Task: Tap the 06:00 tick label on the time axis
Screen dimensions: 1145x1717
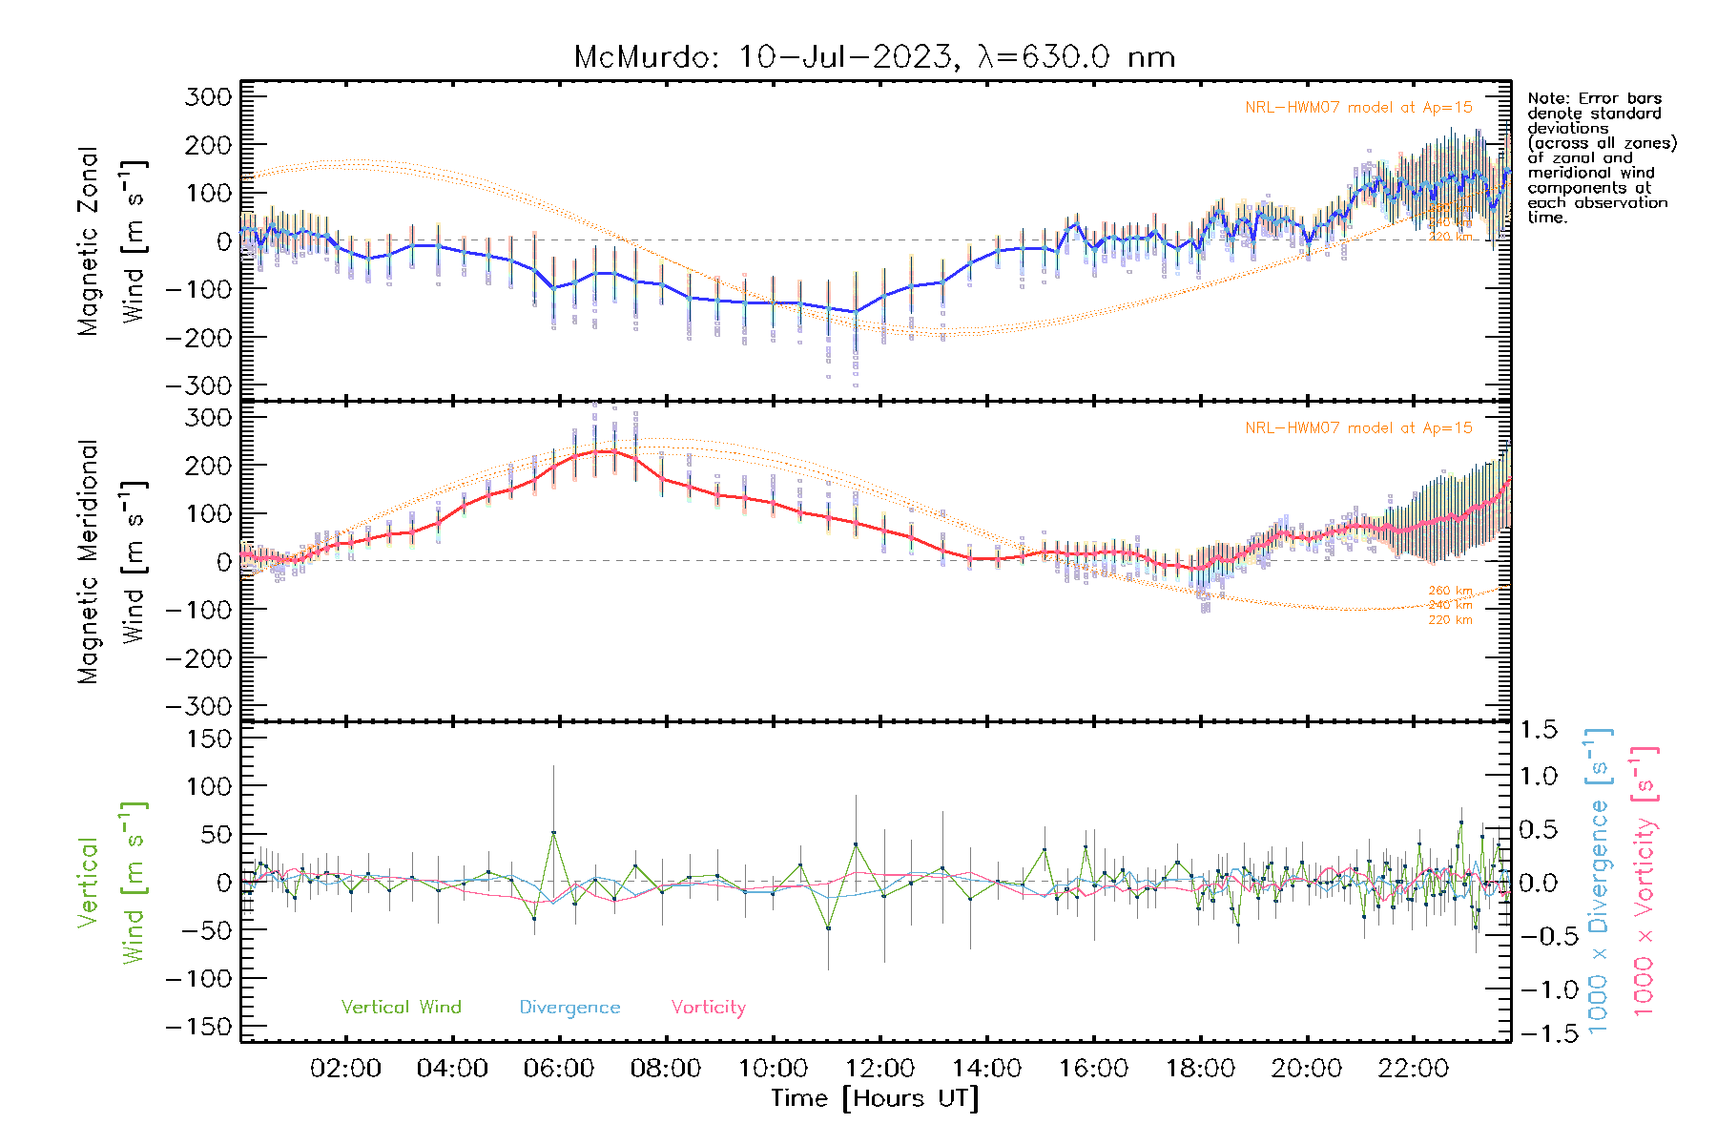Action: tap(559, 1069)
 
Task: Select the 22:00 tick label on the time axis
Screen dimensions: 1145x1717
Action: tap(1414, 1069)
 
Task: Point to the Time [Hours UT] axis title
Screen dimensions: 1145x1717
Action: tap(875, 1098)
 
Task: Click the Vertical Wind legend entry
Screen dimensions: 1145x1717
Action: tap(401, 1008)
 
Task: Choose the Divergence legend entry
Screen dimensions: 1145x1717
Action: tap(569, 1008)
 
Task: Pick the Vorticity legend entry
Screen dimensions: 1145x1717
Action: tap(708, 1008)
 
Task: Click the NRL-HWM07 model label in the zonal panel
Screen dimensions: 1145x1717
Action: tap(1358, 108)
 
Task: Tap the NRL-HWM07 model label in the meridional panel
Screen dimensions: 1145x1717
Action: tap(1358, 428)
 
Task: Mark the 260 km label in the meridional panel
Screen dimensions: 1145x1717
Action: tap(1450, 592)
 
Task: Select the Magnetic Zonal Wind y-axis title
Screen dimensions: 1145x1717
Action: tap(113, 241)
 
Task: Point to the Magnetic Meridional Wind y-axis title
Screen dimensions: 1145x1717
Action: tap(113, 562)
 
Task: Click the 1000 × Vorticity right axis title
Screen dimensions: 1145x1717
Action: tap(1645, 881)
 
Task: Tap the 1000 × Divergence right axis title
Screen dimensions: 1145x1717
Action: tap(1599, 881)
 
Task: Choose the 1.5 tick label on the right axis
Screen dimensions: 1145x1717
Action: tap(1539, 730)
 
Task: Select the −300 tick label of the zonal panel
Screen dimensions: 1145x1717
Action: tap(198, 385)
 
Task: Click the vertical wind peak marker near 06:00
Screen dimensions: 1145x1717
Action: tap(553, 833)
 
